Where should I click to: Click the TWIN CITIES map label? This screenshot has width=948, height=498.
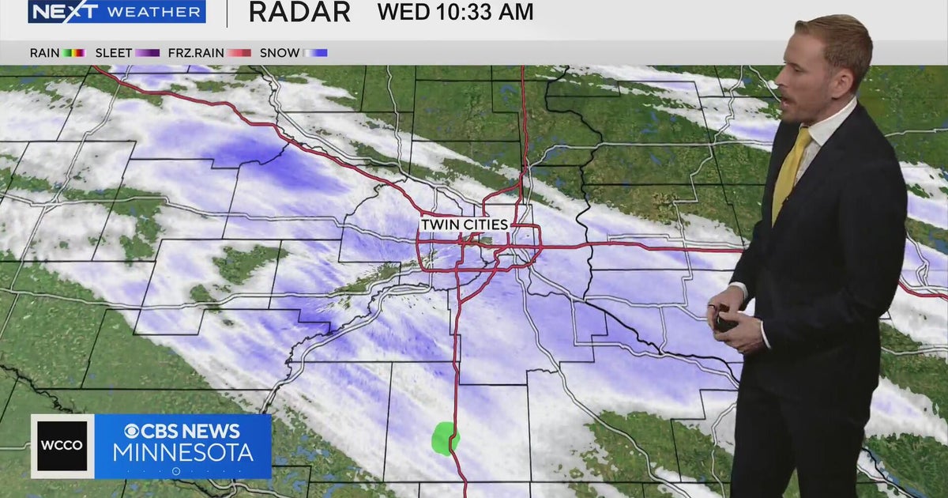[x=464, y=224]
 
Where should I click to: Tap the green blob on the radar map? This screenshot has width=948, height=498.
[x=446, y=438]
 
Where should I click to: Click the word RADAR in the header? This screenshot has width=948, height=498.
[x=299, y=12]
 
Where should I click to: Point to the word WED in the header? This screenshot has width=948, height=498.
[x=403, y=12]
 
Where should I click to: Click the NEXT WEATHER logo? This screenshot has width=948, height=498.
[x=117, y=12]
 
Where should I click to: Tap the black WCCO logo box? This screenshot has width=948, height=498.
[x=62, y=446]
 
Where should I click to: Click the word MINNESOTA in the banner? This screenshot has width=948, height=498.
[x=182, y=453]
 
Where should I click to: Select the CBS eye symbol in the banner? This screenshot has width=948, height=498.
[x=132, y=432]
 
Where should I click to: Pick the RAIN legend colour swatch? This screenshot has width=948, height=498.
[x=73, y=53]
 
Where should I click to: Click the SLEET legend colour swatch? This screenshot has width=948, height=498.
[x=147, y=53]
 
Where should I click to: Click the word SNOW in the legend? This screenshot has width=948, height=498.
[x=280, y=53]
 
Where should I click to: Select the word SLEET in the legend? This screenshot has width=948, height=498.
[x=114, y=53]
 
